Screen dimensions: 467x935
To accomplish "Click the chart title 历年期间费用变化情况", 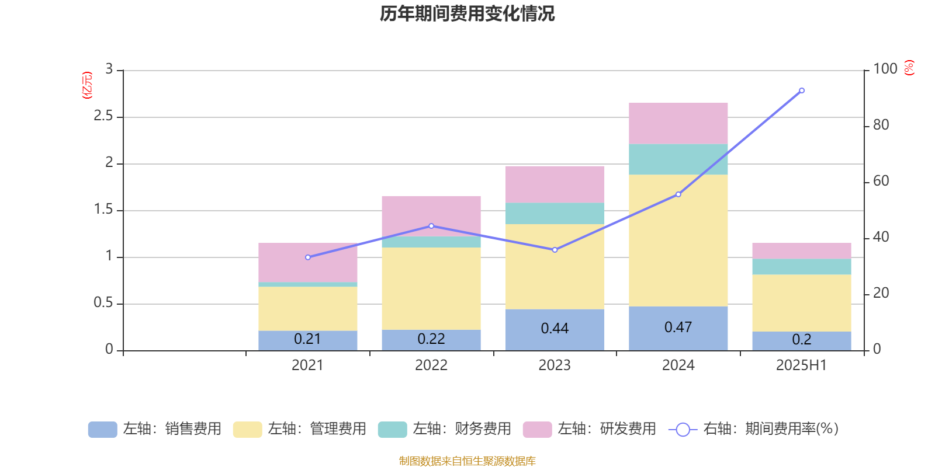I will [467, 13].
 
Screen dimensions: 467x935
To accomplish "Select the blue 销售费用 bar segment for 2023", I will [555, 329].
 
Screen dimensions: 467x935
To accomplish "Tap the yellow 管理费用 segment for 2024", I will [678, 240].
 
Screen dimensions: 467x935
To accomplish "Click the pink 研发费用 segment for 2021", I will [307, 263].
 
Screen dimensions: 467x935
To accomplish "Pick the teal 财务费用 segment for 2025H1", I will [801, 267].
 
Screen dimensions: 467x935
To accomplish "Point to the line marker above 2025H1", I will [801, 90].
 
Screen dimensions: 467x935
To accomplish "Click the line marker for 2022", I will [431, 226].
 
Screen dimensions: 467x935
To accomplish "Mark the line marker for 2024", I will [678, 194].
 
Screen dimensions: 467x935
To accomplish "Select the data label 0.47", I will [678, 327].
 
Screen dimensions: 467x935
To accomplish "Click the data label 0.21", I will [307, 339].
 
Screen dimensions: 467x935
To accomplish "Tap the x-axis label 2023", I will [555, 365].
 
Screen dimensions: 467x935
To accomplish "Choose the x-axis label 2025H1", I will [801, 365].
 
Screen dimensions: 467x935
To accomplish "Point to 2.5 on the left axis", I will [103, 116].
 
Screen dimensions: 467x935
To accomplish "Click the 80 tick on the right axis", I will [881, 125].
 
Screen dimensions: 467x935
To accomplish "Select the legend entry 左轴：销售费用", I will [155, 429].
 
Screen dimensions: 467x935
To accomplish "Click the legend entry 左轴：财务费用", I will [445, 429].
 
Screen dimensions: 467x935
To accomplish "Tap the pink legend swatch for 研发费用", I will [537, 430].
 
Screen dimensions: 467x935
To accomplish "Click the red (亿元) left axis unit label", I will [88, 85].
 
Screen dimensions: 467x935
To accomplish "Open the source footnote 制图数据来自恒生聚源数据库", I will [467, 461].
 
